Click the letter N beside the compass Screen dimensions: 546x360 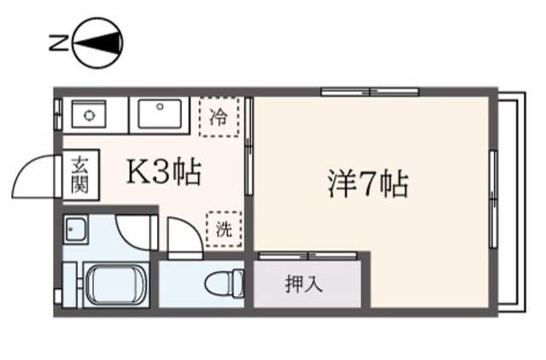point(58,43)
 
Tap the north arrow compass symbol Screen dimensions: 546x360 point(98,43)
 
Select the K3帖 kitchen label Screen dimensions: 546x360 point(164,171)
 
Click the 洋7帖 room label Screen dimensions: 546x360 point(368,183)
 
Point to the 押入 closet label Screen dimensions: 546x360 point(305,284)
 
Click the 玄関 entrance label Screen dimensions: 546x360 point(79,175)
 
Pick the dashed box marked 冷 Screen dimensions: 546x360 point(219,118)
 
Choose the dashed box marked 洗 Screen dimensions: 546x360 point(224,229)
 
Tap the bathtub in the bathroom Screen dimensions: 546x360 point(116,285)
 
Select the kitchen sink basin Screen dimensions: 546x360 point(160,113)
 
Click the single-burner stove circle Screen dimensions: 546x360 point(89,114)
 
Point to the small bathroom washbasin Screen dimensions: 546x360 point(76,229)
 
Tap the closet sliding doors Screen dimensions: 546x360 point(309,256)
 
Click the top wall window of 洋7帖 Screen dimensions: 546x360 point(369,92)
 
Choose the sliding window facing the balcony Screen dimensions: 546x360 point(493,199)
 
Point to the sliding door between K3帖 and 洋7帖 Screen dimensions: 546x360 point(248,146)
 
